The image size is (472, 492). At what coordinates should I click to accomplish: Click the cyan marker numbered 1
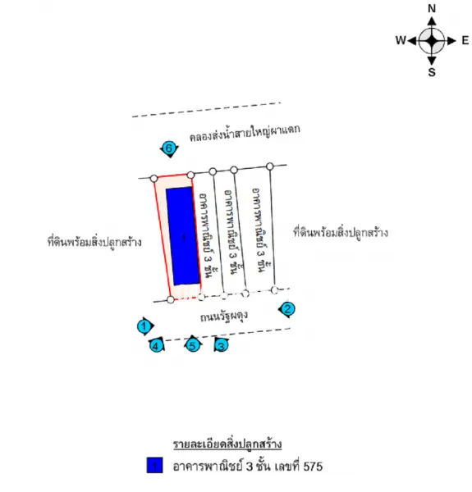144,326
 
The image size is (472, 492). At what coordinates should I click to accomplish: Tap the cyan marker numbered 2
287,309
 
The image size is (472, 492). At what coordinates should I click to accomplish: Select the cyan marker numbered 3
222,346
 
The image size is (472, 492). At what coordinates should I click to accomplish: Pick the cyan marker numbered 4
156,346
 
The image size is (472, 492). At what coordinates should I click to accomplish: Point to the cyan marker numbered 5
193,345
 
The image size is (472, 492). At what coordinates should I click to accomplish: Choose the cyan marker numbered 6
169,148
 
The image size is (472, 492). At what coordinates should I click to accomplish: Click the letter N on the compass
432,9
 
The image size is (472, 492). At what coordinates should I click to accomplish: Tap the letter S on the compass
432,72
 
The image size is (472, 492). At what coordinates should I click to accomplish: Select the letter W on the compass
401,40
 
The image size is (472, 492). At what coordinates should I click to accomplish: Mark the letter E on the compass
465,40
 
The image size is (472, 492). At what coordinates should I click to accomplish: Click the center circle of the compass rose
432,41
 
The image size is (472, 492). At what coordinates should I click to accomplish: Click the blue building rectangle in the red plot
183,236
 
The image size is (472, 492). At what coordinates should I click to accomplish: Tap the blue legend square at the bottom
154,465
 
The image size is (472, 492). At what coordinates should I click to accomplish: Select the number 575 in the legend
313,467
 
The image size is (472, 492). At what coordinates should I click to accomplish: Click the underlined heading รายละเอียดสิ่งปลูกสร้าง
227,444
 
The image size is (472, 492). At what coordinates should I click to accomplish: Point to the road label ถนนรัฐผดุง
224,317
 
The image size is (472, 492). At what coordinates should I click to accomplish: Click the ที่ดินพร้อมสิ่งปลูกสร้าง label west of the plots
94,242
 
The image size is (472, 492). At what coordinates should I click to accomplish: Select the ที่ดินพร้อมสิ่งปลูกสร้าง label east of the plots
341,233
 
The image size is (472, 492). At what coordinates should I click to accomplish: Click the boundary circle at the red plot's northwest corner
154,179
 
